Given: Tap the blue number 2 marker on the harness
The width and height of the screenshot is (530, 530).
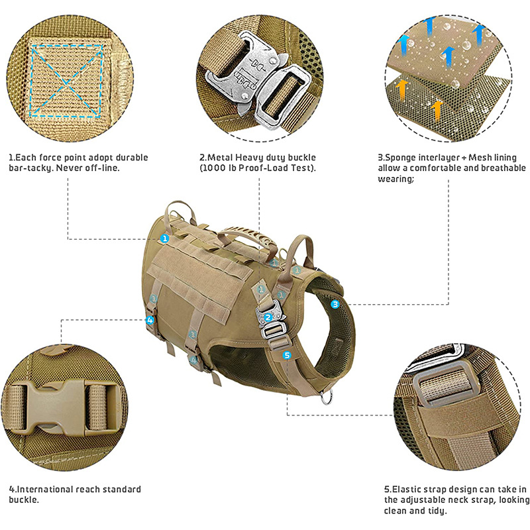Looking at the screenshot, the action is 268,317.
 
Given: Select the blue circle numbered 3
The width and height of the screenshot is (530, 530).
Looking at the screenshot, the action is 335,304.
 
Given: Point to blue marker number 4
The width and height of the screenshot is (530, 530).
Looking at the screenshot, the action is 151,320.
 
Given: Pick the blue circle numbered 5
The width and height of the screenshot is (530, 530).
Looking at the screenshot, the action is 287,355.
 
